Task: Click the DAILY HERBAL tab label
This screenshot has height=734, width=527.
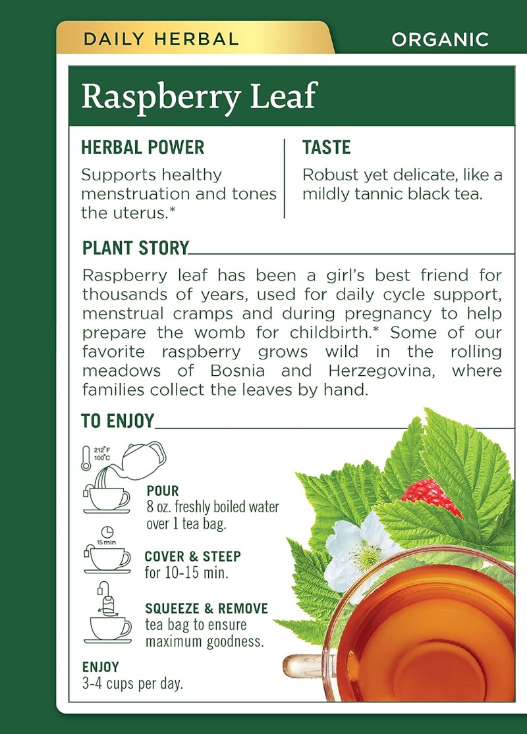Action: click(x=161, y=39)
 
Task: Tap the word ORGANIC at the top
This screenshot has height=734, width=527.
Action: click(x=440, y=39)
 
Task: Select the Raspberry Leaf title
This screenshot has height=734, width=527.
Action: click(x=200, y=96)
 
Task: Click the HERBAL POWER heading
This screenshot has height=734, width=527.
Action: click(x=143, y=147)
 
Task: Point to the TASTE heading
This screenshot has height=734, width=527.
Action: click(x=327, y=147)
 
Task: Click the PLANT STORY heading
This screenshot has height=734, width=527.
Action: click(x=136, y=248)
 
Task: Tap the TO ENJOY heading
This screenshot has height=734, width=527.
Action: click(x=117, y=421)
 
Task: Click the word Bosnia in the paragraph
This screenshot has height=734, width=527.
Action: click(x=238, y=371)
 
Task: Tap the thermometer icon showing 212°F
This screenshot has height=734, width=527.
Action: click(x=86, y=458)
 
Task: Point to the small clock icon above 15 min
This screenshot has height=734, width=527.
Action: click(x=107, y=532)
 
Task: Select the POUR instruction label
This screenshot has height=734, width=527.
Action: click(x=163, y=490)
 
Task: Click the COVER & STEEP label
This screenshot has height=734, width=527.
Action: click(x=192, y=556)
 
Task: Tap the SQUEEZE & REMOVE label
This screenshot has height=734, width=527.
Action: click(x=207, y=608)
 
